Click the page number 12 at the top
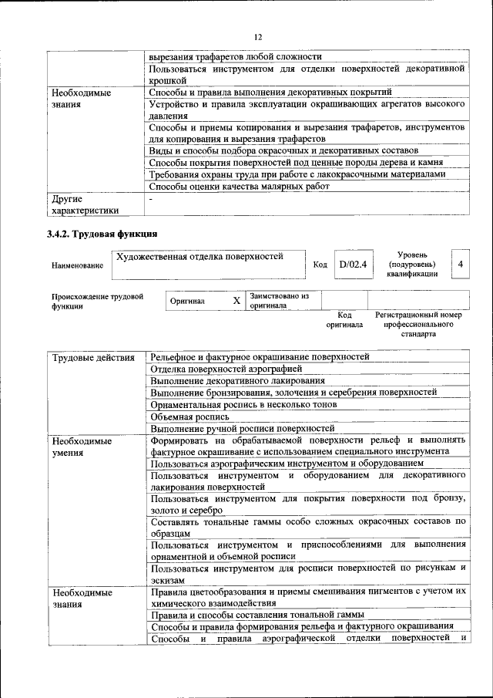pos(258,36)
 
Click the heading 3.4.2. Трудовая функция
pos(102,234)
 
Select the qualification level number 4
pos(460,265)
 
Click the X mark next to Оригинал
pos(237,300)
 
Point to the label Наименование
pos(77,265)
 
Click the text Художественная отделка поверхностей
pos(199,256)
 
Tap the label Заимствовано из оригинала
pos(278,300)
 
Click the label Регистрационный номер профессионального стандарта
pos(418,325)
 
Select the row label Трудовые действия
pos(94,357)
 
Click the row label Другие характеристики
pos(85,204)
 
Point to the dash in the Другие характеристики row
pos(152,199)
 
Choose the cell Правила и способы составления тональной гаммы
pos(257,615)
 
